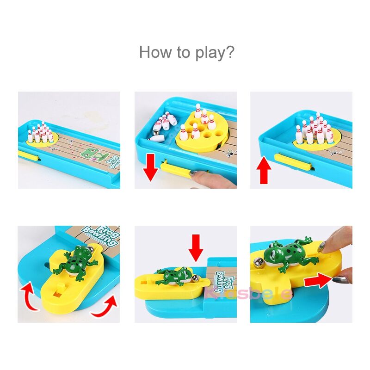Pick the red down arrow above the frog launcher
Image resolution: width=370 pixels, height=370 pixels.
coord(196,247)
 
